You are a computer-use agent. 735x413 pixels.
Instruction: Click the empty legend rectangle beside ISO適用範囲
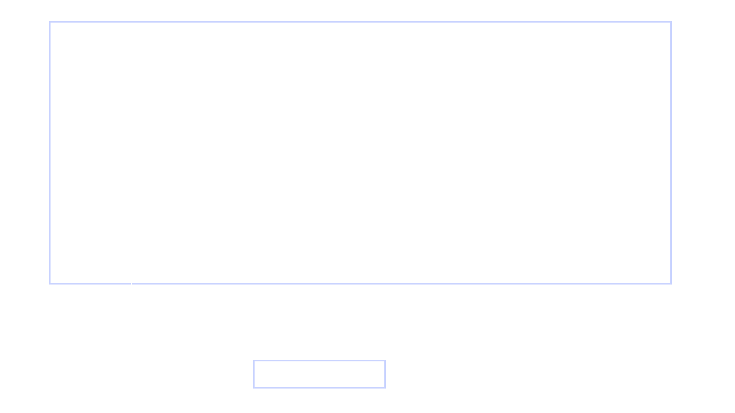(x=319, y=374)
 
